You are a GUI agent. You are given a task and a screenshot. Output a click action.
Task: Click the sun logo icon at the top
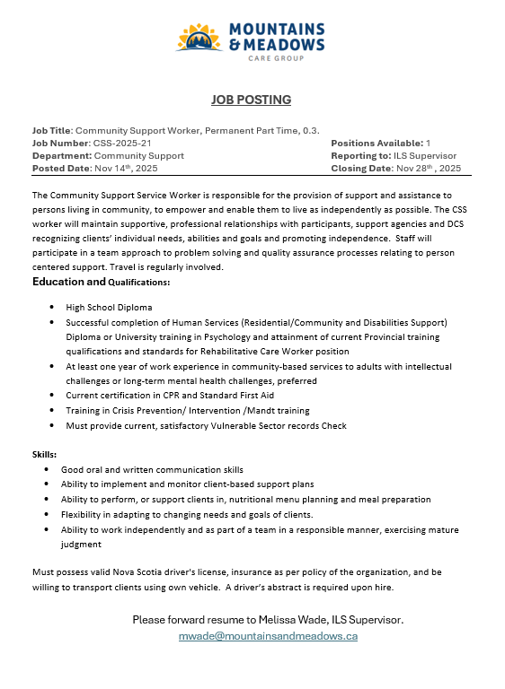click(x=199, y=37)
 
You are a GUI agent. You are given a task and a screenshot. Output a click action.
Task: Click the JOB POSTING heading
click(x=252, y=100)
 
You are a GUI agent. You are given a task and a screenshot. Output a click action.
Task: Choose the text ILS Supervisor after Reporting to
click(x=431, y=155)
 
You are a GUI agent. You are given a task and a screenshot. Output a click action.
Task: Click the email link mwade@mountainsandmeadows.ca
click(x=268, y=635)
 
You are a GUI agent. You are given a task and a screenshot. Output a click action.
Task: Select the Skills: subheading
click(x=45, y=455)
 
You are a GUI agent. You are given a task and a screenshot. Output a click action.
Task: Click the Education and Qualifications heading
click(x=101, y=283)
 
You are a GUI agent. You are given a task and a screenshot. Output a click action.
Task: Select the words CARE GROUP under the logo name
click(x=275, y=57)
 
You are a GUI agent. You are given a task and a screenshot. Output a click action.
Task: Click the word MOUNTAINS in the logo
click(x=278, y=29)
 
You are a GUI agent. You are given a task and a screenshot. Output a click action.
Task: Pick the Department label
click(x=62, y=155)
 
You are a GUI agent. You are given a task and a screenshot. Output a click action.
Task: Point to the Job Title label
click(x=51, y=131)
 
